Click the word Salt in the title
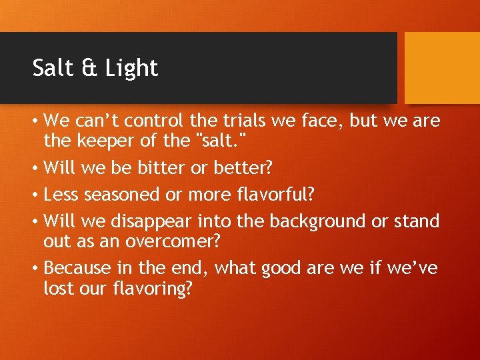52,68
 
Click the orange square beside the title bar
442,68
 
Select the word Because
75,267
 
